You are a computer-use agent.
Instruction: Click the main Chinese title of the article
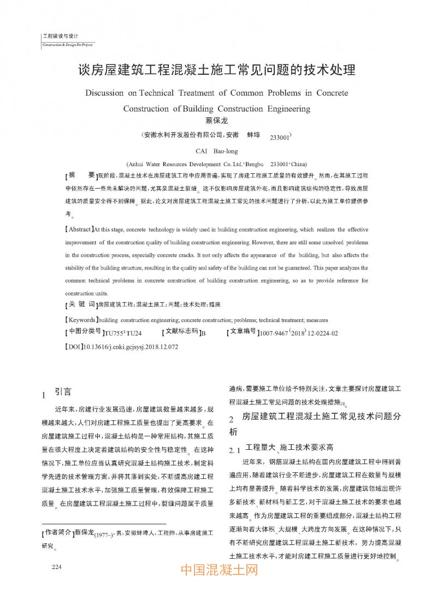tap(218, 71)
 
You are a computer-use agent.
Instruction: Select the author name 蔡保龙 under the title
tap(218, 120)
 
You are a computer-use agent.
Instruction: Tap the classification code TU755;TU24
tap(123, 333)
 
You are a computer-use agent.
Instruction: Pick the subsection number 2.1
tap(235, 450)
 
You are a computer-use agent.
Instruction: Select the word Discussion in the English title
tap(104, 93)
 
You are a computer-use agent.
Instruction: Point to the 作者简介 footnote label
tap(58, 532)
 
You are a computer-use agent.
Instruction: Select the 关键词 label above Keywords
tap(81, 304)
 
